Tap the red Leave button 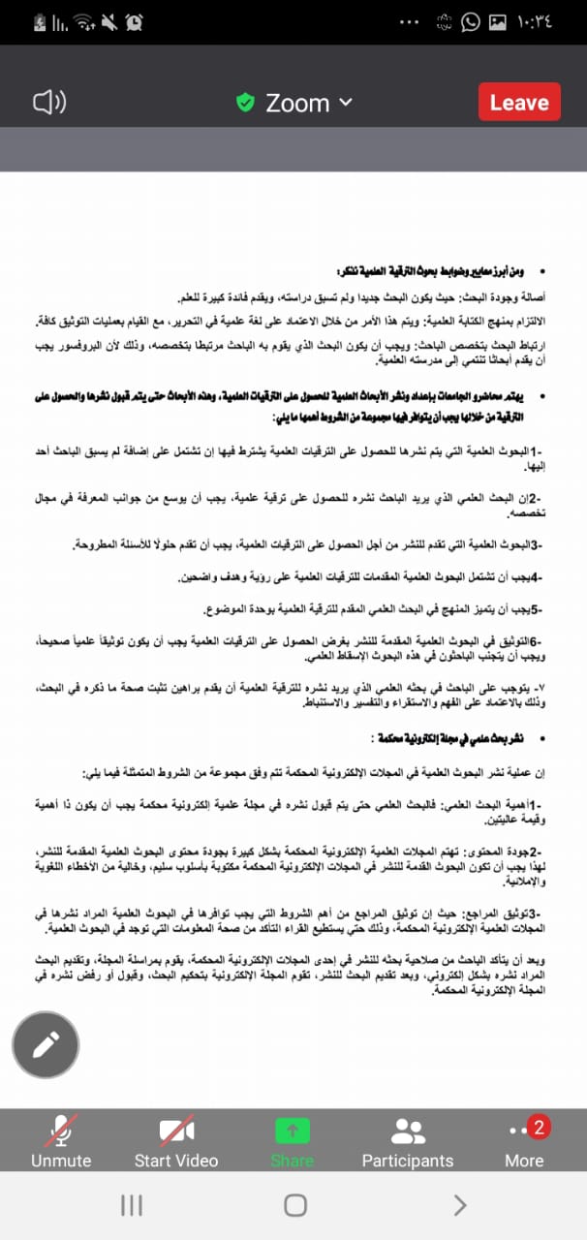tap(519, 102)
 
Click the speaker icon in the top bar tap(48, 102)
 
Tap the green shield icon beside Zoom tap(245, 102)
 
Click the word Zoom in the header tap(297, 103)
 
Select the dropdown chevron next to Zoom tap(346, 102)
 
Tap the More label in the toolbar tap(524, 1161)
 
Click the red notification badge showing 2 tap(540, 1127)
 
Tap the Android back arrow tap(459, 1204)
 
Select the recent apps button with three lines tap(131, 1204)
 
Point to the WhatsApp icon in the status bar tap(470, 21)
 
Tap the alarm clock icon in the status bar tap(134, 21)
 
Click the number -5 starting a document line tap(534, 609)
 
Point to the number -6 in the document tap(534, 641)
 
